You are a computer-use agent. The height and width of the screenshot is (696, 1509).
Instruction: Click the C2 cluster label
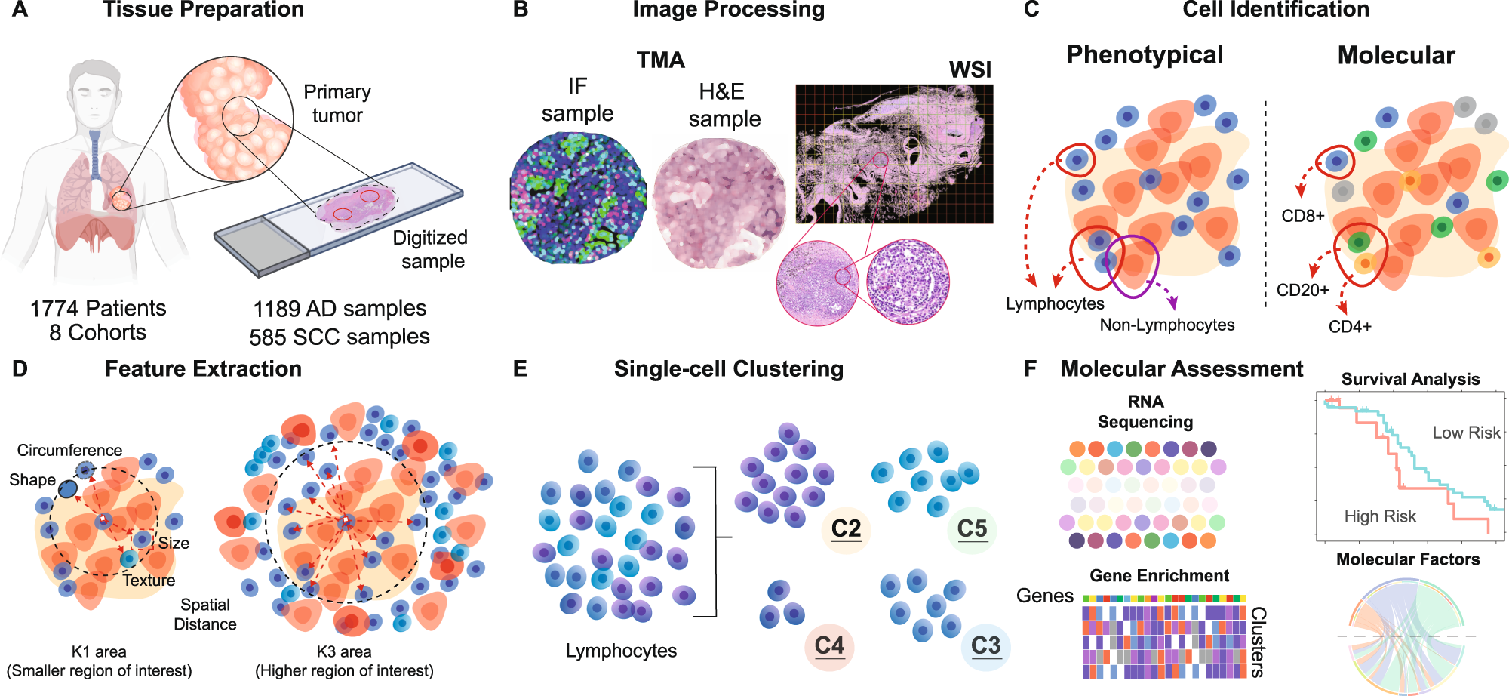[846, 528]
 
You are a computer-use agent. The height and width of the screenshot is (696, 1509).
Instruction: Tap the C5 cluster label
[972, 528]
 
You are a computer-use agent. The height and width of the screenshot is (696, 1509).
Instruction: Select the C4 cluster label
[829, 645]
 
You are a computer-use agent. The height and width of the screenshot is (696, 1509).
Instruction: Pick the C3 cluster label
[985, 645]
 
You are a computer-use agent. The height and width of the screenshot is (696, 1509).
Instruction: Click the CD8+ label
[1303, 216]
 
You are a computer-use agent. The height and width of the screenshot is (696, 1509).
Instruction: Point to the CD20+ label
[1302, 290]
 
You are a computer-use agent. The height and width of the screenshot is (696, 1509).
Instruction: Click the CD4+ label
[1350, 326]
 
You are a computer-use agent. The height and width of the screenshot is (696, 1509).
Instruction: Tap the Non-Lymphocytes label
[1166, 325]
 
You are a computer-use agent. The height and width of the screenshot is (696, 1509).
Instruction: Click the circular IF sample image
[578, 198]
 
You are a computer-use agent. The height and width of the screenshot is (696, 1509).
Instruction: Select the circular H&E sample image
[719, 202]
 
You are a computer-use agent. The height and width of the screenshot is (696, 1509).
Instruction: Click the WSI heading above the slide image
[970, 70]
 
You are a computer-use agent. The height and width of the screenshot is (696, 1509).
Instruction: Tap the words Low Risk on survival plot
[1466, 433]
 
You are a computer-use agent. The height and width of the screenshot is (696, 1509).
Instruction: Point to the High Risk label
[1380, 516]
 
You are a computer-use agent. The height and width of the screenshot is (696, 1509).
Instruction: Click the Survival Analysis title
[1410, 379]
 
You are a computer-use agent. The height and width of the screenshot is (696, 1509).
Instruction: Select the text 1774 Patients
[98, 308]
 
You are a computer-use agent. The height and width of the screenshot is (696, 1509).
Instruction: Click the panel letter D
[20, 368]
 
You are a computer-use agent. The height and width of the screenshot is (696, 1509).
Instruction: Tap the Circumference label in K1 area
[69, 450]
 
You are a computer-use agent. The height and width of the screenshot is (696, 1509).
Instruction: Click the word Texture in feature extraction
[149, 580]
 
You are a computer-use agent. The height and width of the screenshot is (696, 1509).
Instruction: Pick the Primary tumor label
[337, 103]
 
